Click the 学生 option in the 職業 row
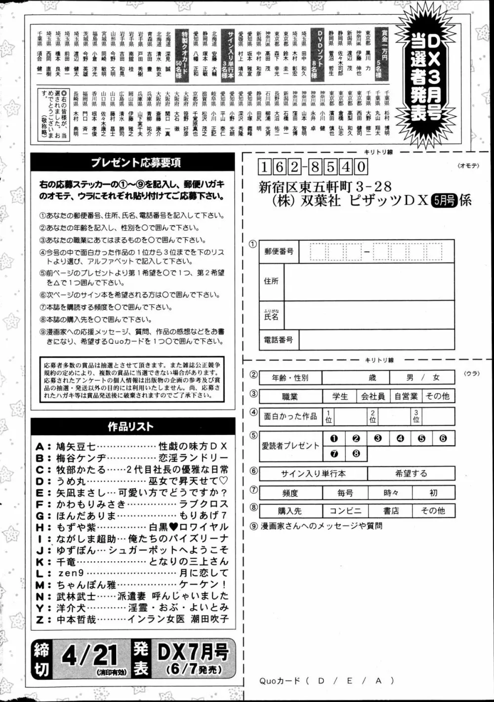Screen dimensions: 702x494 click(340, 396)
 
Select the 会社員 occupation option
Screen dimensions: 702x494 click(372, 396)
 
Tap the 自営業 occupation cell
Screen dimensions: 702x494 click(406, 396)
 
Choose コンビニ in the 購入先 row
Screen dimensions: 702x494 click(345, 511)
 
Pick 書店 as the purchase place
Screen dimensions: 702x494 click(391, 511)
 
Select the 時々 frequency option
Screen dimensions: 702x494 click(391, 493)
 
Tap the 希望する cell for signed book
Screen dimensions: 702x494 click(411, 474)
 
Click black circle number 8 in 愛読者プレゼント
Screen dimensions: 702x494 click(356, 454)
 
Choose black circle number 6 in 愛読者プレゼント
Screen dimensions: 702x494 click(443, 438)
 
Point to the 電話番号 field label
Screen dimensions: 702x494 click(279, 340)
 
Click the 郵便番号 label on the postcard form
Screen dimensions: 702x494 click(279, 251)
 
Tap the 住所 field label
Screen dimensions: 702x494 click(271, 281)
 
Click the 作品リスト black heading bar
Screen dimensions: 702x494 click(130, 427)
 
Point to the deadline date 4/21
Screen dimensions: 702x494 click(89, 657)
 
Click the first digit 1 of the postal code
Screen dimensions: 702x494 click(265, 167)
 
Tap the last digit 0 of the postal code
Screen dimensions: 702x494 click(361, 167)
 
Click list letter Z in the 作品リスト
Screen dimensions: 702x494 click(40, 619)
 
